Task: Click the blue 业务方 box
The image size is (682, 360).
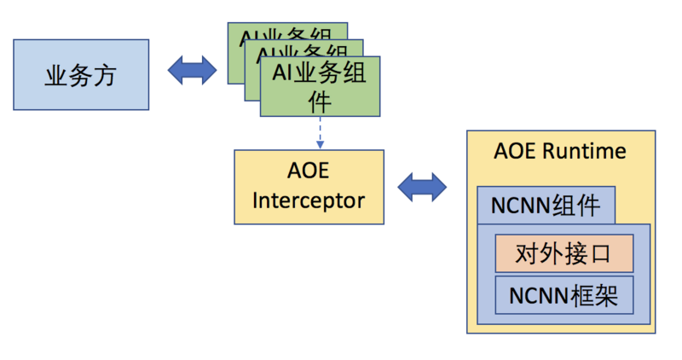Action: click(x=81, y=74)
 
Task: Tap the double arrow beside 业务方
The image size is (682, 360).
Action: click(x=192, y=70)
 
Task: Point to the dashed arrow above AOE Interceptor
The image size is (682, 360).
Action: click(x=320, y=132)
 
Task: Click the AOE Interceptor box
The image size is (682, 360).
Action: click(x=309, y=187)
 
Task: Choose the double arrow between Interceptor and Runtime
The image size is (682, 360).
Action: click(x=423, y=186)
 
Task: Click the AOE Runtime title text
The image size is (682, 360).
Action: click(x=560, y=151)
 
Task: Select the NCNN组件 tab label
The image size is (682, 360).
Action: click(x=546, y=206)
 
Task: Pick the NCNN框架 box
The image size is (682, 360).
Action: click(x=564, y=295)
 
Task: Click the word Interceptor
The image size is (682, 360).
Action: click(x=309, y=201)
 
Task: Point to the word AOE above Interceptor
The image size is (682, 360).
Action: click(x=309, y=172)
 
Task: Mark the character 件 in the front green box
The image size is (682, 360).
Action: click(x=320, y=102)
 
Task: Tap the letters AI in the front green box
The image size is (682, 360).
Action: click(x=281, y=73)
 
